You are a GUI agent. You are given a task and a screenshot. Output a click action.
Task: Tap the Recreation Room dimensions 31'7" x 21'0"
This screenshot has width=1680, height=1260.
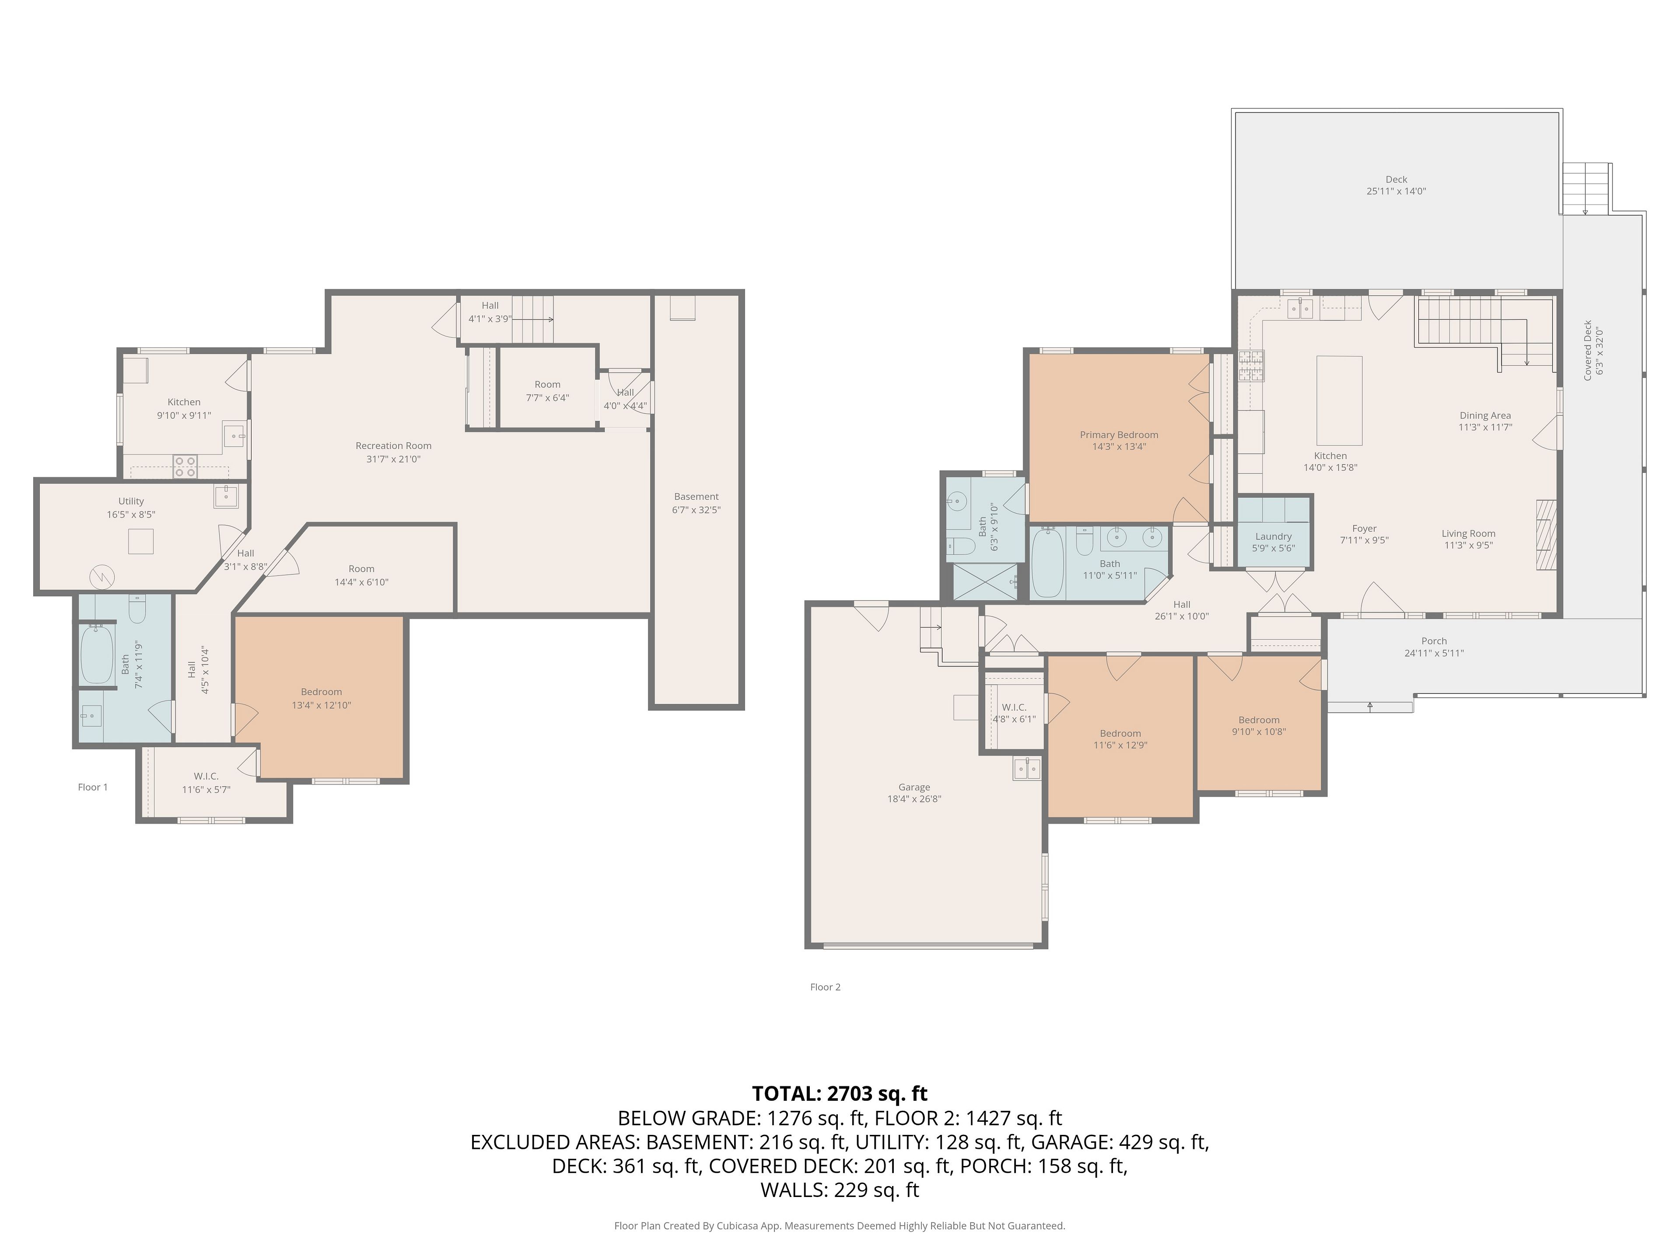coord(393,459)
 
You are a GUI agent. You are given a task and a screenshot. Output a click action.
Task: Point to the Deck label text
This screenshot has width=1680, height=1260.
coord(1396,180)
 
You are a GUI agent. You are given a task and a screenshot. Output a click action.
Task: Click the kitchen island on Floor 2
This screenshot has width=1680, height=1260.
coord(1339,400)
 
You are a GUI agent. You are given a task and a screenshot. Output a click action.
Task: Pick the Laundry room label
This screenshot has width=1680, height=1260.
coord(1274,536)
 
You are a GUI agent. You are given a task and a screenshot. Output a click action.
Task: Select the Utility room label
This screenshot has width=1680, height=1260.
coord(131,501)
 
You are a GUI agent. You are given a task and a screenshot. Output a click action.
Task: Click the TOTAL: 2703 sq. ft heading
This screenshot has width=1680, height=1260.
coord(839,1094)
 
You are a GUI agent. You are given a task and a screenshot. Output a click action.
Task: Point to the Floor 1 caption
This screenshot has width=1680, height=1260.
coord(93,787)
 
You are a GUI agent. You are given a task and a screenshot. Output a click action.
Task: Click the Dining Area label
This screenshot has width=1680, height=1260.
coord(1485,416)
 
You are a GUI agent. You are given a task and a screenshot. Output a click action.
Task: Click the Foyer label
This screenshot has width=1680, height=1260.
coord(1364,528)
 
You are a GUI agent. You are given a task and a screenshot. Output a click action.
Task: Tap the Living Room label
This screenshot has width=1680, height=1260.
coord(1468,533)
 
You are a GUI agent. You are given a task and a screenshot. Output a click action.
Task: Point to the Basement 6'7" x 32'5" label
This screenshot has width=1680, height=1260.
coord(696,503)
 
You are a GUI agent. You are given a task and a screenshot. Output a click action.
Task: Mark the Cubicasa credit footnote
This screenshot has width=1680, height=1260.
coord(839,1225)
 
